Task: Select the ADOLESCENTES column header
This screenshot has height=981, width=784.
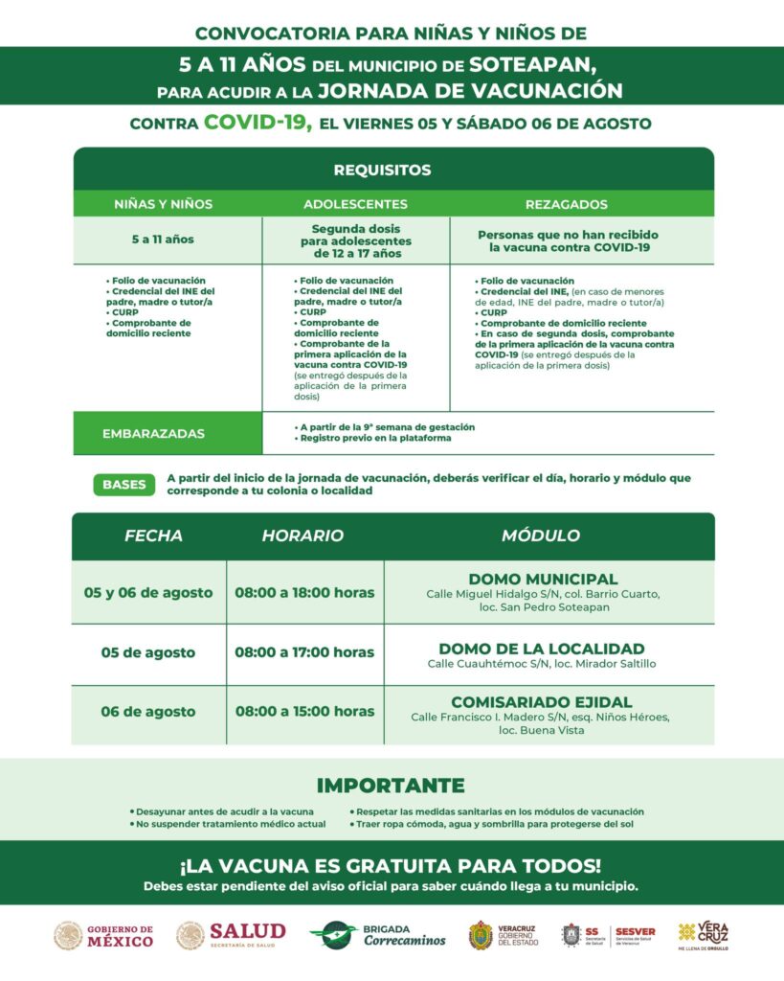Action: (x=355, y=204)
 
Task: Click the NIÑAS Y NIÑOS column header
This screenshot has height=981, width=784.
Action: (x=164, y=204)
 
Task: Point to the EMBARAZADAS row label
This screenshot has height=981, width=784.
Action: (x=153, y=433)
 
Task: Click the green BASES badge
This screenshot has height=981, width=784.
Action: (x=124, y=484)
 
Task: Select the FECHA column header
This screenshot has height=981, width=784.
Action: (x=153, y=536)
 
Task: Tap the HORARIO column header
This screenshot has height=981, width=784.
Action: (x=302, y=536)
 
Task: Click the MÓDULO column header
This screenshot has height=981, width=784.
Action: (x=541, y=536)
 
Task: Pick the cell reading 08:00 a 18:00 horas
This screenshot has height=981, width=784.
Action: (x=304, y=593)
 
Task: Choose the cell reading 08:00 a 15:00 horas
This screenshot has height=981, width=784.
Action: (x=304, y=712)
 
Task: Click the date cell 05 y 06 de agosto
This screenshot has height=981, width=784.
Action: (x=148, y=593)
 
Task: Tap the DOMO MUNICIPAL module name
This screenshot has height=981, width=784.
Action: (x=543, y=579)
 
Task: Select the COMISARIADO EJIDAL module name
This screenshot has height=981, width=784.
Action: (x=542, y=701)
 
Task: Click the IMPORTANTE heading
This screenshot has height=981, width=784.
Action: (x=391, y=786)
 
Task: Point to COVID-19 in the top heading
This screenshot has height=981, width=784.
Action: (x=258, y=123)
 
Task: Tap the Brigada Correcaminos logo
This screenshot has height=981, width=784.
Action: (x=378, y=935)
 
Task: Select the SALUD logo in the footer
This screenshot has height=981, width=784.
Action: (x=231, y=935)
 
